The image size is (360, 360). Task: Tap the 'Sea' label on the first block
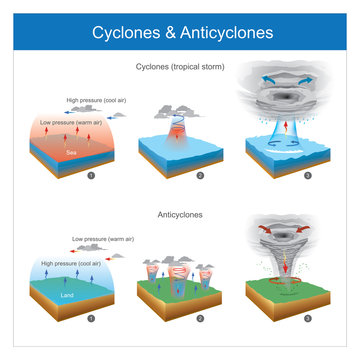point(71,153)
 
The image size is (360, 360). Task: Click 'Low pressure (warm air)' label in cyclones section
point(75,121)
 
